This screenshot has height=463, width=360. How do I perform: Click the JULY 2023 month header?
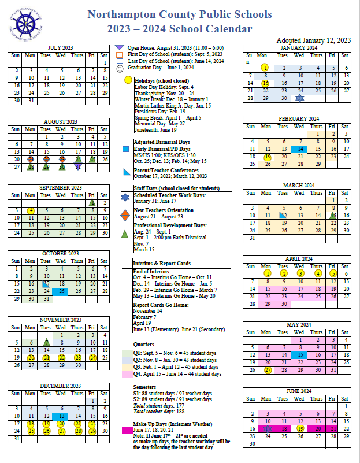tap(62, 47)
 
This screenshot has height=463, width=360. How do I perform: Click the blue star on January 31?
tap(299, 98)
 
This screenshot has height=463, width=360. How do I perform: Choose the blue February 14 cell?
tap(299, 149)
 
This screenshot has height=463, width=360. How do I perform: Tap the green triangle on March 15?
tap(332, 215)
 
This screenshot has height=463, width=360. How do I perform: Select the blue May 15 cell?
tap(299, 355)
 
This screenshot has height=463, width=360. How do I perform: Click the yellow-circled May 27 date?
tap(267, 371)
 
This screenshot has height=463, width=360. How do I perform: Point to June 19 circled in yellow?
tap(299, 428)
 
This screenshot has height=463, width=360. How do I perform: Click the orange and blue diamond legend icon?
tap(126, 215)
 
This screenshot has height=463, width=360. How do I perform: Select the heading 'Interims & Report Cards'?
tap(162, 263)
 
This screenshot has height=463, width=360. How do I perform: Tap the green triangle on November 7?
tap(46, 342)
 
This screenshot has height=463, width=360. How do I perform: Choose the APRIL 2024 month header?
tap(299, 258)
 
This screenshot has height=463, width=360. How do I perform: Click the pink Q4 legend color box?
tap(127, 374)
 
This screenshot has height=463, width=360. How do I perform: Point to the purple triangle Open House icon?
tap(119, 47)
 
